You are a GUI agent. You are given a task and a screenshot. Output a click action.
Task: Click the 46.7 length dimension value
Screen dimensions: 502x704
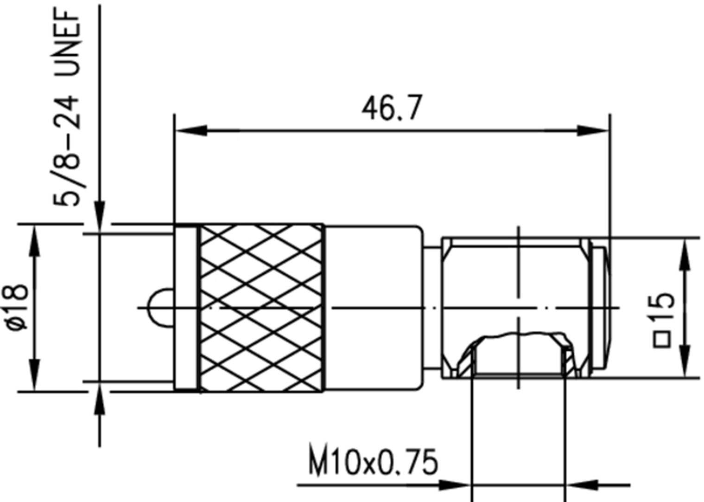pyautogui.click(x=392, y=108)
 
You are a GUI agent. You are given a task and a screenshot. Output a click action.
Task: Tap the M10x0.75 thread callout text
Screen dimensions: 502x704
pyautogui.click(x=373, y=462)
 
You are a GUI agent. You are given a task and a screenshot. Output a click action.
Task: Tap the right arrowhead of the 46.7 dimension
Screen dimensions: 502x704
pyautogui.click(x=593, y=130)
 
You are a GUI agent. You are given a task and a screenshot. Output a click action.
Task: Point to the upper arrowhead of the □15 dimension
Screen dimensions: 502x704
pyautogui.click(x=685, y=255)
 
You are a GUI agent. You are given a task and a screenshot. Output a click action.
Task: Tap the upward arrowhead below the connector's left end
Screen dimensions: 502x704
pyautogui.click(x=100, y=401)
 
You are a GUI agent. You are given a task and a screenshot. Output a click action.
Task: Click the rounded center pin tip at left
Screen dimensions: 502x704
pyautogui.click(x=158, y=307)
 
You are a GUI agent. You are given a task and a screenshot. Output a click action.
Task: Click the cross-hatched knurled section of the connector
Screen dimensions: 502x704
pyautogui.click(x=262, y=307)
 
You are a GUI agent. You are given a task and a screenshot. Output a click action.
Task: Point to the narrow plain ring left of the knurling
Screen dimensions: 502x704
pyautogui.click(x=187, y=307)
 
